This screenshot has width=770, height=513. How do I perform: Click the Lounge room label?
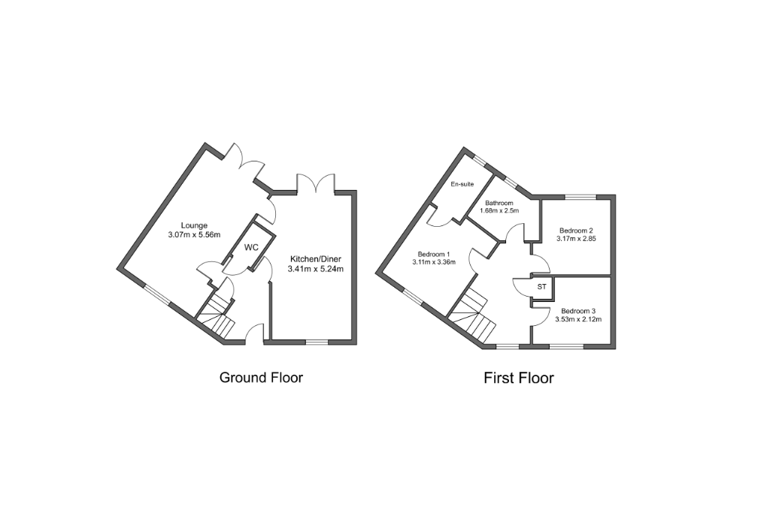(193, 225)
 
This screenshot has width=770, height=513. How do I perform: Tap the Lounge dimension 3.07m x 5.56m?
(193, 234)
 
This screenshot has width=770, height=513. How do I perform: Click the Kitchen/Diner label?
(317, 259)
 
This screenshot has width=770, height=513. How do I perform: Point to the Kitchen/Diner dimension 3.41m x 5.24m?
(317, 269)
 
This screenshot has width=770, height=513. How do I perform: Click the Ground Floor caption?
(261, 377)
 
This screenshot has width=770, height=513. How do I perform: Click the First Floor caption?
(519, 378)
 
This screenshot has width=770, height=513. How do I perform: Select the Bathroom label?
(499, 203)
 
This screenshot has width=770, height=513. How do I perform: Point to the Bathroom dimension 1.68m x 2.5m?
(502, 211)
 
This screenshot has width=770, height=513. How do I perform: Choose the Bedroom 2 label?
(576, 231)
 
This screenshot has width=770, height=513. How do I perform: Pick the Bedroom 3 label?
(577, 311)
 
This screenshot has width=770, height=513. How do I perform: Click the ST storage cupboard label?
(541, 288)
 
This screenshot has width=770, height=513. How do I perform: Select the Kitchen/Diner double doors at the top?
(315, 183)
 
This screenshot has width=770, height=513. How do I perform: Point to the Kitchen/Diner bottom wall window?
(317, 343)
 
